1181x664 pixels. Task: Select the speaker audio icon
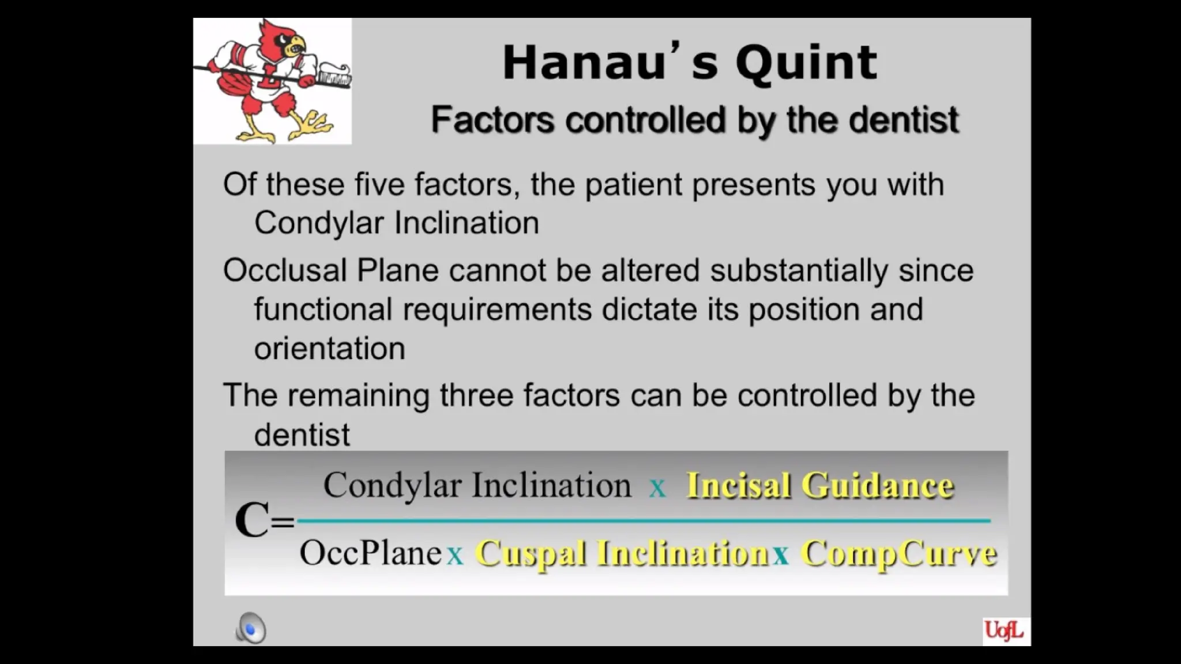tap(251, 628)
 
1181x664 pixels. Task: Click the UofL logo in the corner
tap(1004, 631)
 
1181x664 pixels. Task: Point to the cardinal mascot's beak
tap(298, 43)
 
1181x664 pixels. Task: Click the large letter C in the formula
tap(252, 519)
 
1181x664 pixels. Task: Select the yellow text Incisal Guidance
tap(819, 485)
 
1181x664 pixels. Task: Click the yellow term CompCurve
tap(898, 553)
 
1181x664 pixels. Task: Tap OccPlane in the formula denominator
tap(370, 553)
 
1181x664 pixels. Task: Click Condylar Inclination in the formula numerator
tap(477, 485)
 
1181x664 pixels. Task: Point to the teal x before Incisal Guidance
tap(657, 488)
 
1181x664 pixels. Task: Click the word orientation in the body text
tap(329, 349)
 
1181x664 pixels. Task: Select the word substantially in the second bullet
tap(799, 271)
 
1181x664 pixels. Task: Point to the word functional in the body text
tap(323, 310)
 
